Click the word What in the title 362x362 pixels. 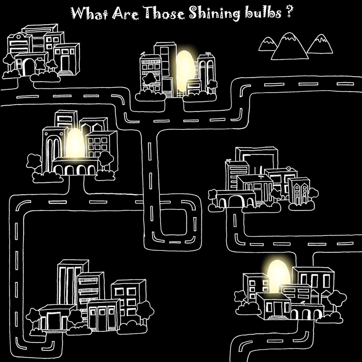[x=87, y=14]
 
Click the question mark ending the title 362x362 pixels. [x=287, y=14]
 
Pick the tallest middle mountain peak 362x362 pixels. [x=289, y=46]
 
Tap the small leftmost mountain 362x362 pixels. [x=267, y=44]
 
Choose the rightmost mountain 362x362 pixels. [x=320, y=44]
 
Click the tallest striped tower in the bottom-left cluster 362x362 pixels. [x=69, y=281]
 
